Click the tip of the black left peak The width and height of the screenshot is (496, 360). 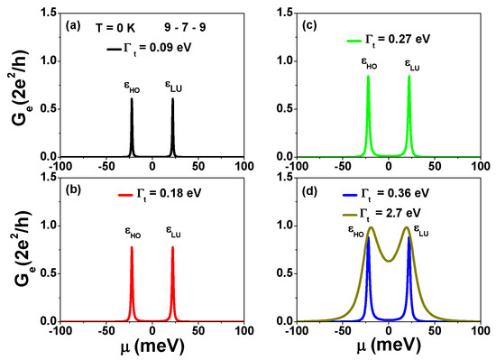click(x=132, y=99)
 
